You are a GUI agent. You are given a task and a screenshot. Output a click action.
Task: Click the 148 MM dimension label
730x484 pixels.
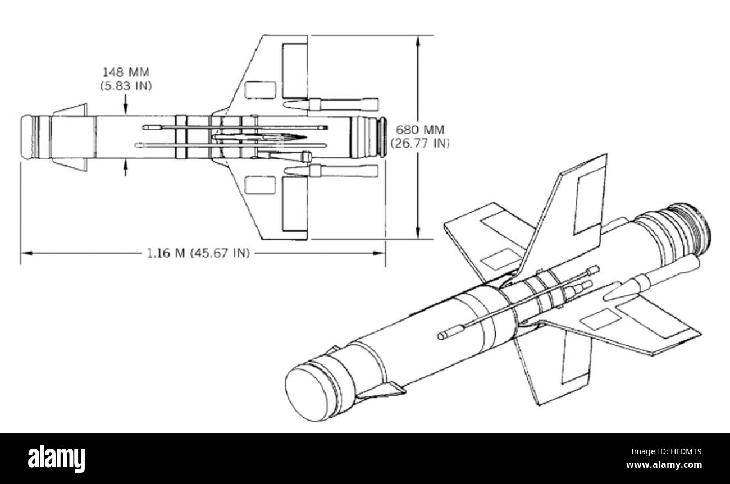[126, 72]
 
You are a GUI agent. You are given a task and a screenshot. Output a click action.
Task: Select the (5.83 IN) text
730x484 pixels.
[126, 86]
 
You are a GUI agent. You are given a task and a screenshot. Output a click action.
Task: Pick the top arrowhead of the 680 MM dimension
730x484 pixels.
[418, 41]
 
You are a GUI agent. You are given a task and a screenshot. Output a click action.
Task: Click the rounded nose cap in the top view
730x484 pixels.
[28, 136]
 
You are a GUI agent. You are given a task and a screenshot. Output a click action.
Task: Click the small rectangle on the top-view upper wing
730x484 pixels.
[261, 90]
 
